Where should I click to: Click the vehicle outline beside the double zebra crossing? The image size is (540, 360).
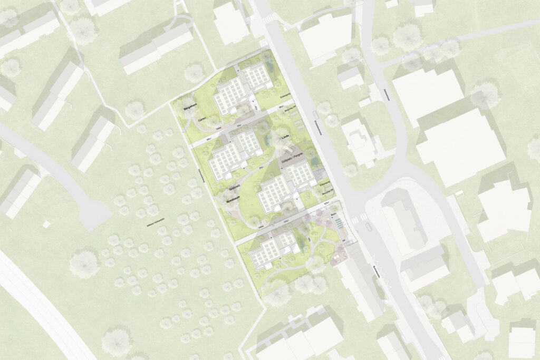(368, 227)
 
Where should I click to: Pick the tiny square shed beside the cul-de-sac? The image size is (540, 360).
(46, 225)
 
